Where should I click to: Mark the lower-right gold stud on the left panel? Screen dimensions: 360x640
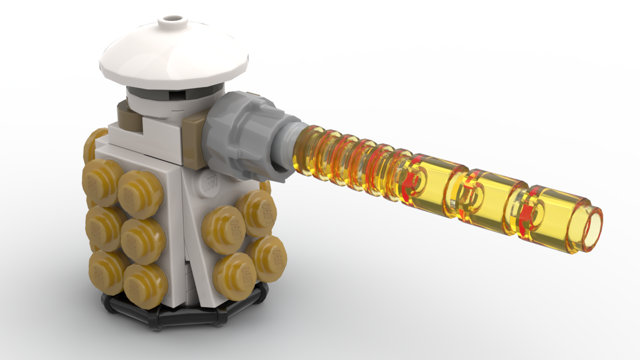click(145, 285)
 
